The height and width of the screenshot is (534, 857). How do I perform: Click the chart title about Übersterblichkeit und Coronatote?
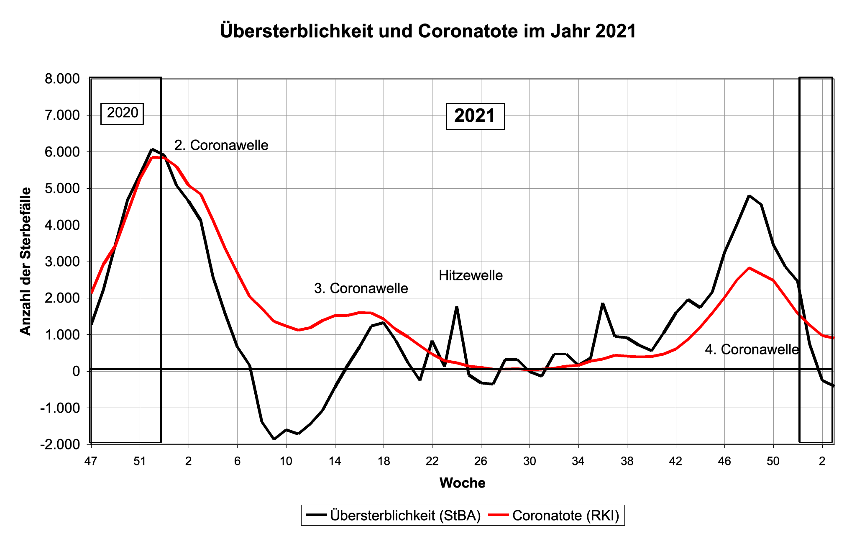pos(428,31)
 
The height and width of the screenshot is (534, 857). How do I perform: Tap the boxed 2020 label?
pos(122,113)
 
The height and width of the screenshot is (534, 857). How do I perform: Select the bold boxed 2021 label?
pos(475,116)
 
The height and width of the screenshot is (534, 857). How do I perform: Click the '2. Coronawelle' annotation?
pos(221,145)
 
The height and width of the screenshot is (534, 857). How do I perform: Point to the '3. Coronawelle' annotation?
pos(361,288)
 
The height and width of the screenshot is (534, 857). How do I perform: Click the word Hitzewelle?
pos(471,275)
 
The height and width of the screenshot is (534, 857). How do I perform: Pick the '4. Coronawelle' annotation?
pos(752,349)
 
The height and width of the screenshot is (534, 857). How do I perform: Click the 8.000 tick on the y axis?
pos(62,79)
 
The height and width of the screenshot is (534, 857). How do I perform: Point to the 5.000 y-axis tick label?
pos(62,188)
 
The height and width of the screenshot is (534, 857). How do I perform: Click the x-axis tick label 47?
pos(91,462)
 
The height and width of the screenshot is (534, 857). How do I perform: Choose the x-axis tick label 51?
pos(140,462)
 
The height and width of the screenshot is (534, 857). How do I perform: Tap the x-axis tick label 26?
pos(481,462)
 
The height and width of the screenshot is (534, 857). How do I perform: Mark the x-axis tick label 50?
pos(773,462)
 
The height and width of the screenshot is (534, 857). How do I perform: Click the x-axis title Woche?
pos(462,483)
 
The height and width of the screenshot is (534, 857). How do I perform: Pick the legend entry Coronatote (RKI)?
pos(565,515)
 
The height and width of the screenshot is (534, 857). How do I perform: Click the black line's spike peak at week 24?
pos(457,307)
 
